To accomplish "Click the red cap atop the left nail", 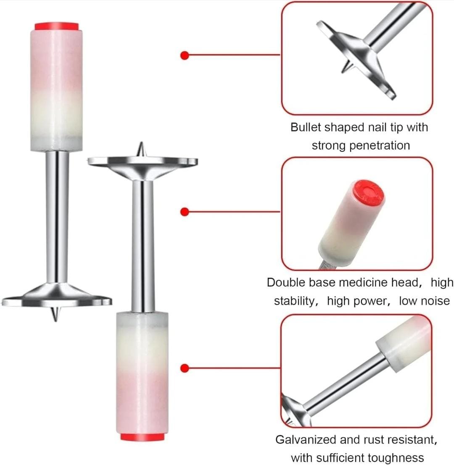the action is pyautogui.click(x=57, y=26).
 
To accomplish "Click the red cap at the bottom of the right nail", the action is pyautogui.click(x=143, y=437).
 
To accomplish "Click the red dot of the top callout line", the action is pyautogui.click(x=185, y=55).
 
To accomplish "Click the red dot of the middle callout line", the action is pyautogui.click(x=185, y=212).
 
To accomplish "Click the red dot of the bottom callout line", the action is pyautogui.click(x=185, y=368).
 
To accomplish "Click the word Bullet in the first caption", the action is pyautogui.click(x=306, y=127).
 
